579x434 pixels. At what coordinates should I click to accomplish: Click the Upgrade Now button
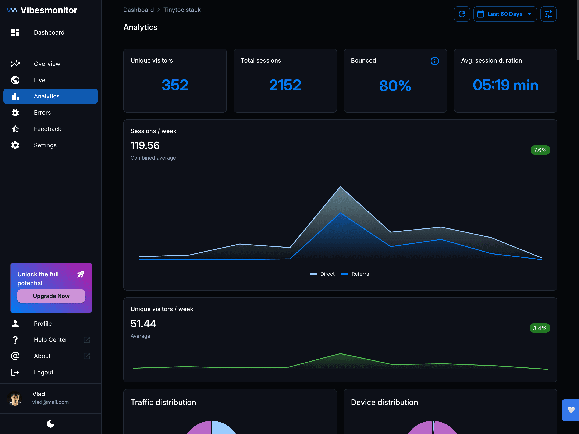[x=51, y=296]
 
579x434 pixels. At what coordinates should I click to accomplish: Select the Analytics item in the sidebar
[x=50, y=96]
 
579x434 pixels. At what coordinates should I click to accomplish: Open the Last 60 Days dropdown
[x=505, y=14]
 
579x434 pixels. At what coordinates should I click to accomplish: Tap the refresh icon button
[x=462, y=14]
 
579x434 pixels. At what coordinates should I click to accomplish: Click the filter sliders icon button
[x=548, y=14]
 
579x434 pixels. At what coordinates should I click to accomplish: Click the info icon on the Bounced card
[x=434, y=61]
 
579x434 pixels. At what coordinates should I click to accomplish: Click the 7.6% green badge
[x=540, y=150]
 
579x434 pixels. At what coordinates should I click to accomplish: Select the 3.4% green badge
[x=540, y=328]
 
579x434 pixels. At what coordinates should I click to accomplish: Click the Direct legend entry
[x=323, y=274]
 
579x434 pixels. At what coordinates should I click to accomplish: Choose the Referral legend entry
[x=356, y=274]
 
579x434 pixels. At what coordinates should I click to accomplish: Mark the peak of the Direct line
[x=340, y=187]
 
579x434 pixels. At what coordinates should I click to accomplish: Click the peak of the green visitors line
[x=340, y=354]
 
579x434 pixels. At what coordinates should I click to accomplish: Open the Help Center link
[x=50, y=340]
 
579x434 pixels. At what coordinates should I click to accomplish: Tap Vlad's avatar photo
[x=15, y=398]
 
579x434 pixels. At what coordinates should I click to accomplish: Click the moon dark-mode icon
[x=50, y=424]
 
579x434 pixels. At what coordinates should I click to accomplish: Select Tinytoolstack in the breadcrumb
[x=182, y=10]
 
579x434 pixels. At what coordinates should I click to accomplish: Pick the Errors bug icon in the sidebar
[x=15, y=113]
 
